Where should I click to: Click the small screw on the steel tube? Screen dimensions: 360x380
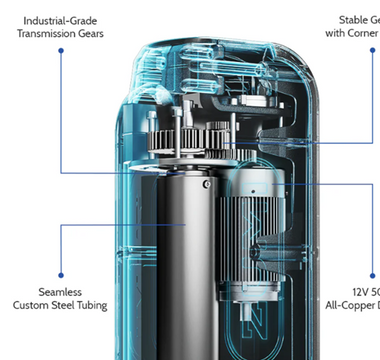tap(206, 184)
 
